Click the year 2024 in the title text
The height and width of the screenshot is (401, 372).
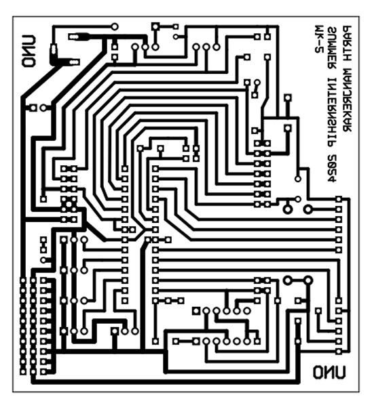pyautogui.click(x=333, y=168)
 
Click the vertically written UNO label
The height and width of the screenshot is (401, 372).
pyautogui.click(x=29, y=51)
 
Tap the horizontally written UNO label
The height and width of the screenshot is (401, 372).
pyautogui.click(x=329, y=372)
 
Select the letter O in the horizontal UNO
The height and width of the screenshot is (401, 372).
pyautogui.click(x=318, y=372)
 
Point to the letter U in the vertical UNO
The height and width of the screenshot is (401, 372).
pyautogui.click(x=29, y=41)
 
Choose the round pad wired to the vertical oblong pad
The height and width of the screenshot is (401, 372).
pyautogui.click(x=115, y=26)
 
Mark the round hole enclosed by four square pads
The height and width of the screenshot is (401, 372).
pyautogui.click(x=69, y=204)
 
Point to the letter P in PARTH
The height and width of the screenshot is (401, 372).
pyautogui.click(x=347, y=29)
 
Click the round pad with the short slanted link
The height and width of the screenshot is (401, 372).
pyautogui.click(x=257, y=83)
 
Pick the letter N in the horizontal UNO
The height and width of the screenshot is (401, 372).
pyautogui.click(x=329, y=372)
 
